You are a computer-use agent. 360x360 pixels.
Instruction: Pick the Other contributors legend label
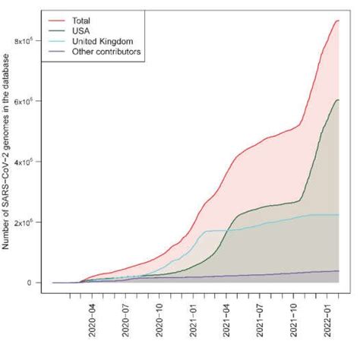point(108,52)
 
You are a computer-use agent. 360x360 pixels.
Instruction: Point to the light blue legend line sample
point(56,42)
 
